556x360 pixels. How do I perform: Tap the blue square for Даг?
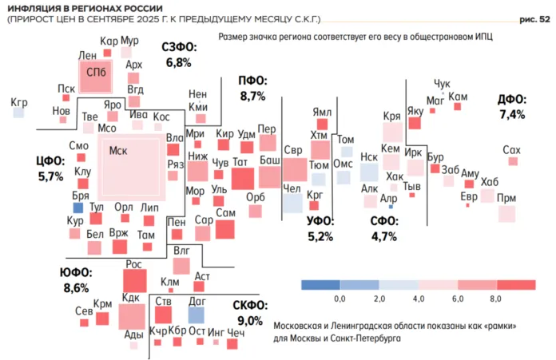pos(197,315)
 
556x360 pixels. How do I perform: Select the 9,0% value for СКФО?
pos(249,321)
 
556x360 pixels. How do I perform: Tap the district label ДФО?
pos(511,100)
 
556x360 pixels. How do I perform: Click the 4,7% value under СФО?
pos(384,236)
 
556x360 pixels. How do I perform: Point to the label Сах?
pos(511,150)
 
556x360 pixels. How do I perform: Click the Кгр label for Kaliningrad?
pos(19,102)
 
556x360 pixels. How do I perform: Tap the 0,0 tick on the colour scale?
pos(340,298)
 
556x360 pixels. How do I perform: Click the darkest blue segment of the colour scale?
pos(320,283)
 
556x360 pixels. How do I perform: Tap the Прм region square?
pos(506,213)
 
